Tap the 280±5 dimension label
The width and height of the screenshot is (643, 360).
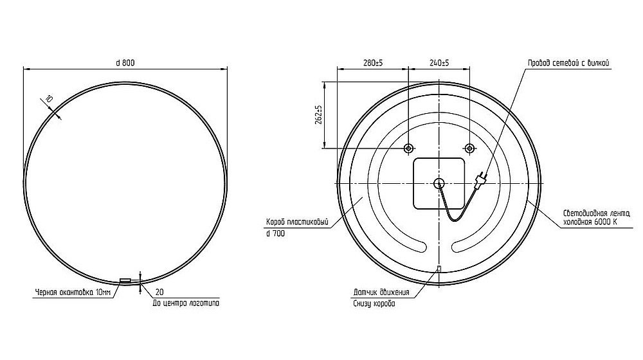point(373,63)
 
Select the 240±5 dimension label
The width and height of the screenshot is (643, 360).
point(439,63)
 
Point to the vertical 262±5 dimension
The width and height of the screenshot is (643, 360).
point(320,115)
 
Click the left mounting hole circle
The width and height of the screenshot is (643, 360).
point(408,148)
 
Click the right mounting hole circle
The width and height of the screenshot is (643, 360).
point(469,148)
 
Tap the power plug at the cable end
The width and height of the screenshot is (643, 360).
point(480,178)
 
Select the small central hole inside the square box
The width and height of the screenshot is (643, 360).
point(439,183)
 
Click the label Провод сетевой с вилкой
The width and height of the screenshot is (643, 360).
point(568,63)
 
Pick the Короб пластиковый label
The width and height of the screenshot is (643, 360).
point(297,223)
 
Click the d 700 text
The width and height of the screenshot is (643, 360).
point(276,234)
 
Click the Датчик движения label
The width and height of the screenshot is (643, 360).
point(381,292)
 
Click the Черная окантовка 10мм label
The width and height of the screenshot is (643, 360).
point(73,292)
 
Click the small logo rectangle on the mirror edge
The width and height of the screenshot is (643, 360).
point(125,280)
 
